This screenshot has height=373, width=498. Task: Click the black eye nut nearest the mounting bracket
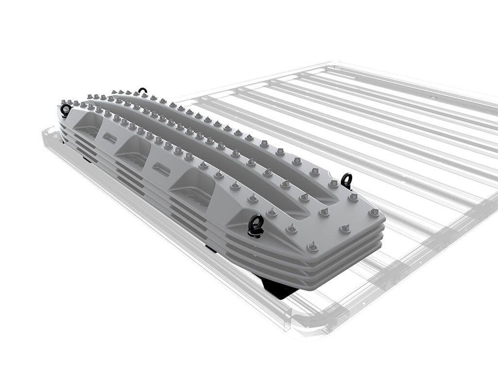tap(256, 225)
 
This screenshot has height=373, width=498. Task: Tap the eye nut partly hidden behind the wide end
tap(346, 180)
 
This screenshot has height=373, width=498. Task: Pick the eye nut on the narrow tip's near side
tap(66, 110)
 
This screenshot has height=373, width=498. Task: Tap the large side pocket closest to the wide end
tap(194, 186)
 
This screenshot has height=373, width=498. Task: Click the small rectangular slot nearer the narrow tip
tap(110, 138)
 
